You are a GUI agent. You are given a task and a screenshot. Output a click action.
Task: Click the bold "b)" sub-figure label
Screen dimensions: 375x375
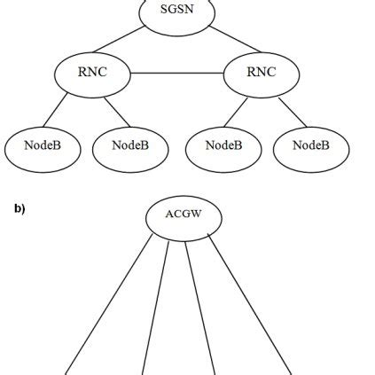point(19,210)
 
